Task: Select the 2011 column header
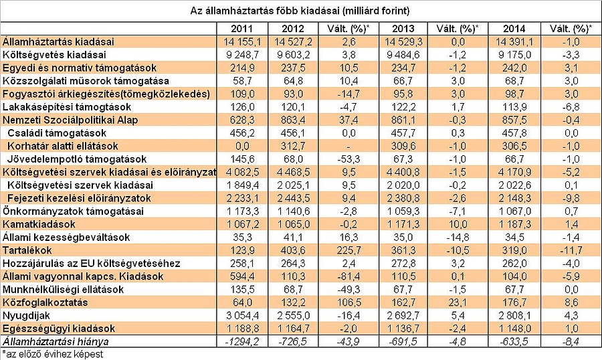241,29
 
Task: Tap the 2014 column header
512,29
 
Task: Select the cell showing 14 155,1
241,41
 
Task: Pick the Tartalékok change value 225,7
351,250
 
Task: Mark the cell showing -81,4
351,276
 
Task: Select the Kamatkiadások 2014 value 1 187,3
512,224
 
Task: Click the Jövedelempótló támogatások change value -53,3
351,159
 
